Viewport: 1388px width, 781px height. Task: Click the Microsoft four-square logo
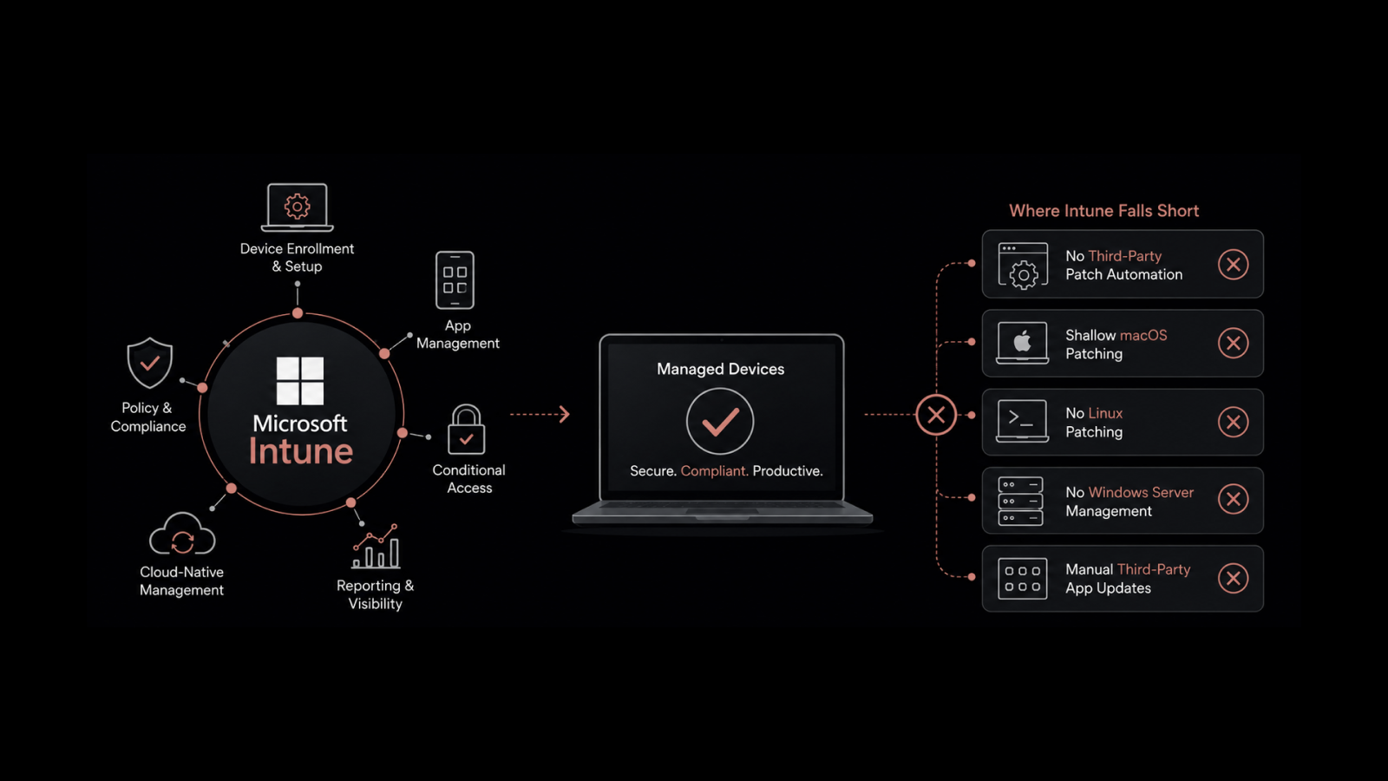(x=300, y=381)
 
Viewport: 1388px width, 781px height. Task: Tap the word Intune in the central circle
(x=301, y=451)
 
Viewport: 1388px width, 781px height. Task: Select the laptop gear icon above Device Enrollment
(x=298, y=207)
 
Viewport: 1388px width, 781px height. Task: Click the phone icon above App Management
(x=455, y=280)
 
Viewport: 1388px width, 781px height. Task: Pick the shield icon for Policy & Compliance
(x=150, y=363)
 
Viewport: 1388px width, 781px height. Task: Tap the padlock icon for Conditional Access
(x=466, y=430)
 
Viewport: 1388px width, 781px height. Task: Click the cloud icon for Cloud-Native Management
(x=182, y=534)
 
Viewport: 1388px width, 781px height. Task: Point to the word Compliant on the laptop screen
(x=713, y=471)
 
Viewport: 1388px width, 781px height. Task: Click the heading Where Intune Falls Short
(x=1103, y=211)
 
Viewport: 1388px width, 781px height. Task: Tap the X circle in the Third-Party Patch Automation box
(x=1233, y=265)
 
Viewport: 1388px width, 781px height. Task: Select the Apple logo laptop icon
(x=1023, y=343)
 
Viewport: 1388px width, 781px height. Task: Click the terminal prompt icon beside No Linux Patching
(x=1023, y=421)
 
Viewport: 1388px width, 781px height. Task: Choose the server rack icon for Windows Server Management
(x=1020, y=501)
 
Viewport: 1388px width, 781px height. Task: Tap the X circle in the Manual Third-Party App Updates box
(x=1233, y=578)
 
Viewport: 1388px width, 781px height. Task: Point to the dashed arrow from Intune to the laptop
(x=540, y=414)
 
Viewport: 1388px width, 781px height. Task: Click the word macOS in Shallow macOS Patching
(x=1143, y=335)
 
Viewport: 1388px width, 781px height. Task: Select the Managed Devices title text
(x=721, y=370)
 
